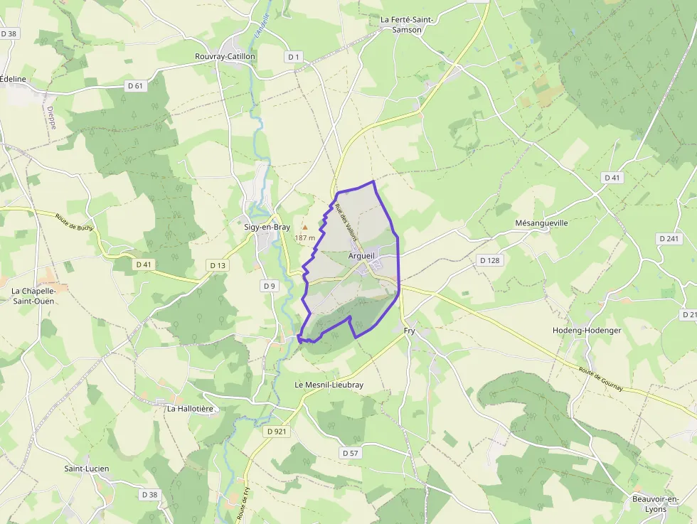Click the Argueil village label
pos(362,255)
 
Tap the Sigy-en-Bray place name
pos(267,227)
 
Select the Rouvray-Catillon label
pos(225,56)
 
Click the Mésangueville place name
pos(542,223)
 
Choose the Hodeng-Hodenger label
pos(587,330)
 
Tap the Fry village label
pos(409,331)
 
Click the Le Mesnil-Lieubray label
pos(329,385)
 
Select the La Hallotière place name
pos(190,409)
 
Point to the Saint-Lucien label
pos(87,469)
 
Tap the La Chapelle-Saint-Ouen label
pos(33,296)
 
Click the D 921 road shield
pos(277,432)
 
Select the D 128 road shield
pos(489,260)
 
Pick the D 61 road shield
pos(135,86)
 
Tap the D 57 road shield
pos(351,453)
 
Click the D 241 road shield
pos(669,239)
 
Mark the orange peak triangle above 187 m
pos(304,228)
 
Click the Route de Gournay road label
pos(601,379)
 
